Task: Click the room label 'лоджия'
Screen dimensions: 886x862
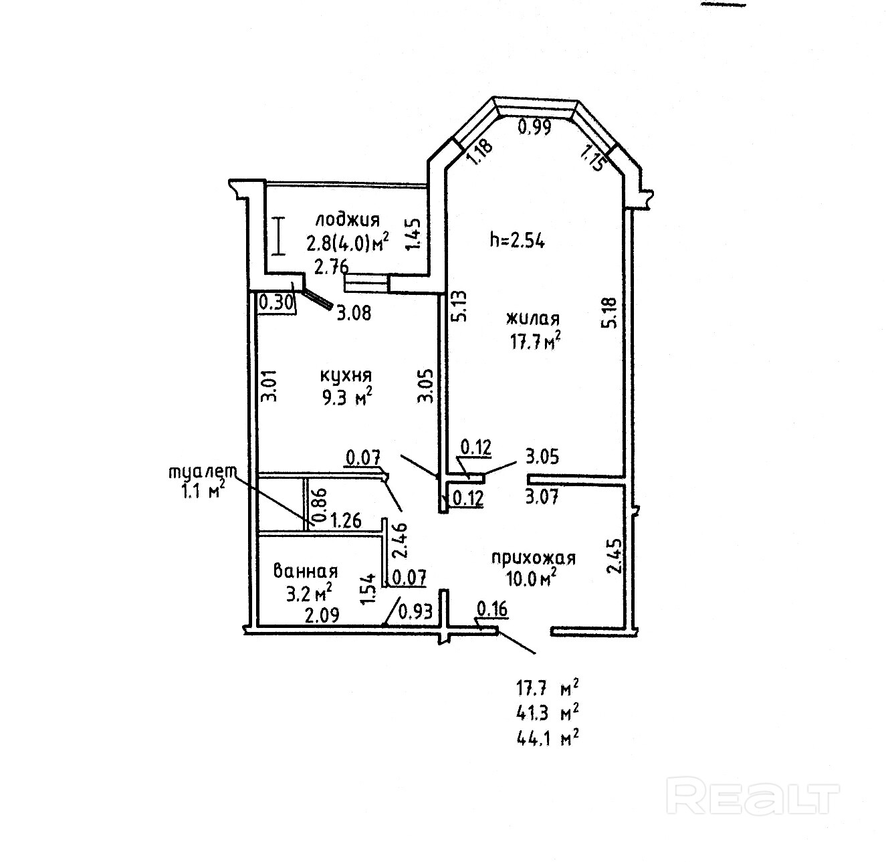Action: pos(348,220)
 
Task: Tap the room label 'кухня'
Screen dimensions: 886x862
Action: pos(346,376)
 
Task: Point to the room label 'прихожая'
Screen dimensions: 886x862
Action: pos(534,557)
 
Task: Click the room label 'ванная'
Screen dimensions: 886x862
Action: pos(306,571)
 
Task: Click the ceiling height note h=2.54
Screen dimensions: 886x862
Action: pos(517,241)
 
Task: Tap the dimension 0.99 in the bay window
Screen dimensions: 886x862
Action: pos(536,127)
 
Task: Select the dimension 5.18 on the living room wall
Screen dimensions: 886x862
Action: pos(608,313)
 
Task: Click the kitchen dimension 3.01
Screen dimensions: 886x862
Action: pos(268,386)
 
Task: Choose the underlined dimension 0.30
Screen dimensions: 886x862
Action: pos(275,303)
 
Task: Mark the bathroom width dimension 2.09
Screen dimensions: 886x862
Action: pos(322,614)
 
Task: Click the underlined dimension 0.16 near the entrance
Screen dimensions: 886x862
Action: pos(492,609)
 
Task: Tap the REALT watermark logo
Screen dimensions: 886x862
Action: pos(754,796)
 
